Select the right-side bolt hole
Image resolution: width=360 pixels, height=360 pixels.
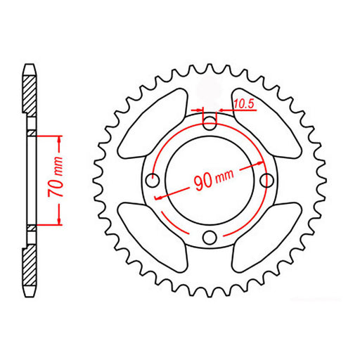(266, 181)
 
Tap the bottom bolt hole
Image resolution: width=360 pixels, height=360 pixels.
(209, 238)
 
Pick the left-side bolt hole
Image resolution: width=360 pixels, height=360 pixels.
(152, 181)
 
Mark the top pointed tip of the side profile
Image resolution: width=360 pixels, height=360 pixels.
(29, 65)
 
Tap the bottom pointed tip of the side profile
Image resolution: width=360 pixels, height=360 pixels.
(29, 295)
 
